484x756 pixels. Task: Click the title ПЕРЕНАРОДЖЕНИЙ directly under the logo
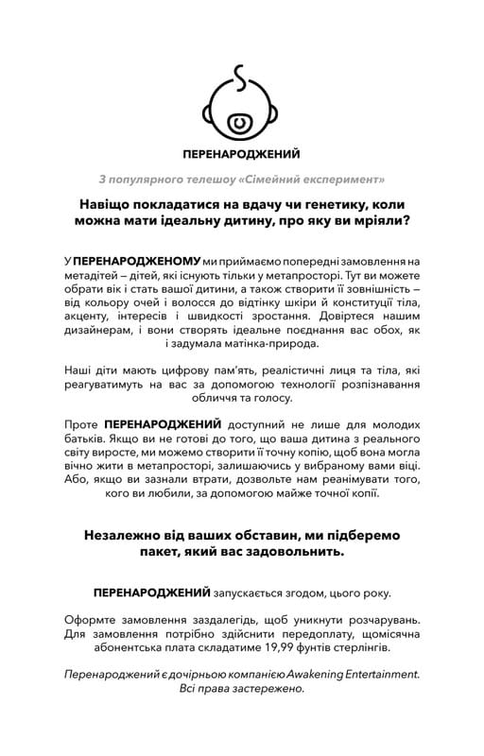click(241, 151)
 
